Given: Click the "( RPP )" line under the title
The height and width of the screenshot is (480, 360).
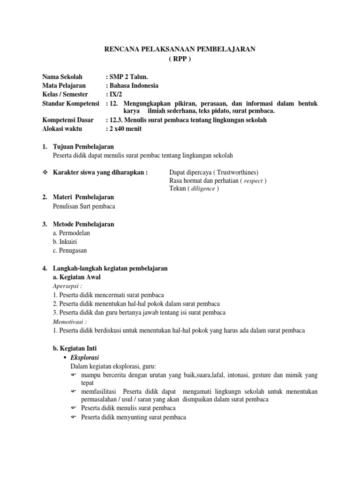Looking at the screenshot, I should pos(180,58).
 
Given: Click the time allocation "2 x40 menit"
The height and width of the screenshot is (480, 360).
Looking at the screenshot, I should pos(125,129).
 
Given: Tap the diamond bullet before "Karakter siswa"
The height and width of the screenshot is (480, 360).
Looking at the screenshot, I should pos(45,172).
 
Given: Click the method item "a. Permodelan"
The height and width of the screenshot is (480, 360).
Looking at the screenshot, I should pos(72,233).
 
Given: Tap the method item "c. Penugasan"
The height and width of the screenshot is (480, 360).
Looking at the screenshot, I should pos(70,251).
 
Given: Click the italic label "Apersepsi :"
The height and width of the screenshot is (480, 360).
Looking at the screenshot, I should pos(67,285).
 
